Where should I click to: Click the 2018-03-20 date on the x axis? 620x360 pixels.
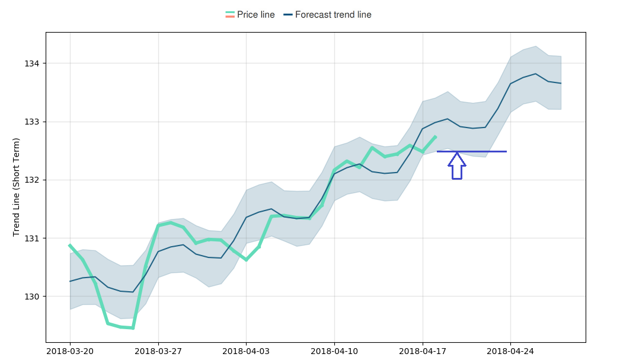[x=70, y=351]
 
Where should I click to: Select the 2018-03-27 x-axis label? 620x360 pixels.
[x=158, y=351]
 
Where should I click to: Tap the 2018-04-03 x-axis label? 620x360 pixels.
[x=246, y=351]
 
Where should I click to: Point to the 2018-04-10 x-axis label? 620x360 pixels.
[x=334, y=351]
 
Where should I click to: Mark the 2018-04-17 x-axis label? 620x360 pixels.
[x=423, y=351]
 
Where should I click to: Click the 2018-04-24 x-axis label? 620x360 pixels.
[x=510, y=351]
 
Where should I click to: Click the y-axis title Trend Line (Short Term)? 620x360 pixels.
[x=17, y=187]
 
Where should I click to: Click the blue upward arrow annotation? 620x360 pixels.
[x=456, y=166]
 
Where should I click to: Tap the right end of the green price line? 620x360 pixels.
[x=436, y=137]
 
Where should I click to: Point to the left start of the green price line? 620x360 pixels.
[x=70, y=245]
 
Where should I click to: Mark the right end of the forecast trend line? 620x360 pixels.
[x=561, y=84]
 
